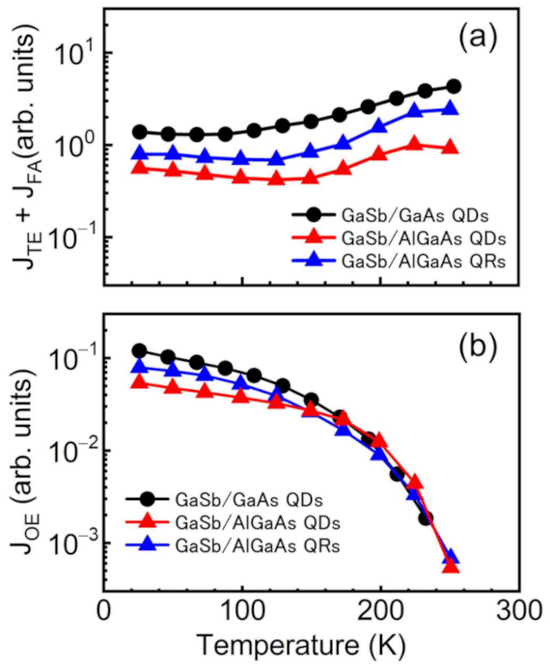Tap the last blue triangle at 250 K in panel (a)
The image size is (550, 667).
(x=450, y=108)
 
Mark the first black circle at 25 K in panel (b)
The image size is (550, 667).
(x=140, y=351)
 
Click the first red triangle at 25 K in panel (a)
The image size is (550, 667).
(x=140, y=167)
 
